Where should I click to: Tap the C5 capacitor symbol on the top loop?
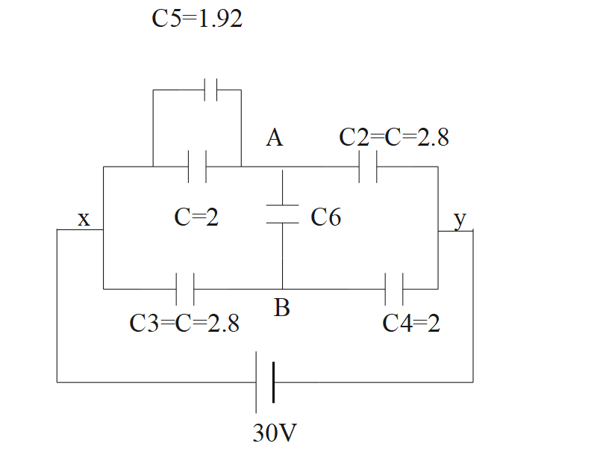click(x=210, y=90)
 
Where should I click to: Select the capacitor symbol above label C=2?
click(x=197, y=166)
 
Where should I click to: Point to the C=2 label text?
click(x=196, y=217)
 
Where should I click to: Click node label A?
click(x=275, y=138)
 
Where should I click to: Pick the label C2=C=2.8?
click(x=393, y=137)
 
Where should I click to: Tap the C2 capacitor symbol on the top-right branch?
click(x=368, y=166)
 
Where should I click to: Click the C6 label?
click(x=326, y=217)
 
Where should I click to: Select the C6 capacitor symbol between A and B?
click(x=283, y=214)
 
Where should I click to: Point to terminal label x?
click(x=84, y=219)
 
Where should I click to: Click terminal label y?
click(x=460, y=219)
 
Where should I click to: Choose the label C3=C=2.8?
click(x=184, y=324)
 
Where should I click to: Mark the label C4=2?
click(x=410, y=324)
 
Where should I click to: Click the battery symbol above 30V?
click(x=265, y=382)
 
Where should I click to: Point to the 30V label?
click(x=278, y=434)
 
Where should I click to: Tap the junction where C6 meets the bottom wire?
click(x=283, y=288)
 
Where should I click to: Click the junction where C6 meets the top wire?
click(x=283, y=166)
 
